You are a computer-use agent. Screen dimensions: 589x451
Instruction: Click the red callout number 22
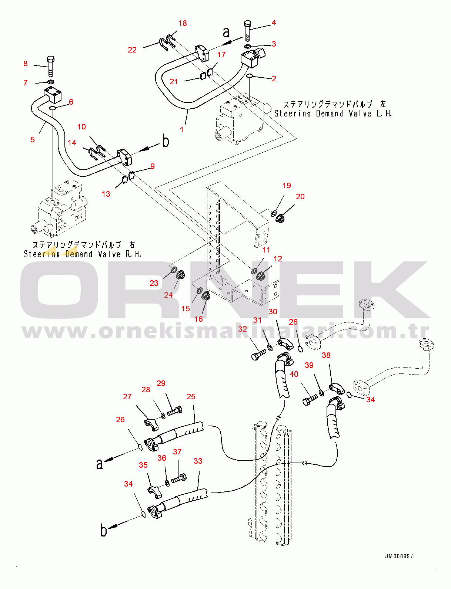132,50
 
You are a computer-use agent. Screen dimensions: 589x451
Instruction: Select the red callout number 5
33,139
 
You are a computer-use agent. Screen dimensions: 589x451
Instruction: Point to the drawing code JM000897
399,556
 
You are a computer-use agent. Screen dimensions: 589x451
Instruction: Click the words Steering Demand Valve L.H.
333,114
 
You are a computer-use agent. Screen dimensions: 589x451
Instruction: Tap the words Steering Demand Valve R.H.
82,254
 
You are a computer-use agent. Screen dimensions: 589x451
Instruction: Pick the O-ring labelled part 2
250,76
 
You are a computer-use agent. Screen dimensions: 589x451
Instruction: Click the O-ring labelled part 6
53,108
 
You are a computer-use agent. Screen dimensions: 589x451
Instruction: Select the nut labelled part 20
280,218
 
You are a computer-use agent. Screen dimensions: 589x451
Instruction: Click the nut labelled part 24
180,275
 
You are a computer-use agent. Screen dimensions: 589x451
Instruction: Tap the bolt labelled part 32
258,355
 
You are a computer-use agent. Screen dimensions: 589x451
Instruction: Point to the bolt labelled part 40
310,400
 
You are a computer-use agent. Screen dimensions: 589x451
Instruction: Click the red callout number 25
191,397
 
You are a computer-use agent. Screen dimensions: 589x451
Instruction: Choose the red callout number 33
198,461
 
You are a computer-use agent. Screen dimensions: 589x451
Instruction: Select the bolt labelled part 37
179,478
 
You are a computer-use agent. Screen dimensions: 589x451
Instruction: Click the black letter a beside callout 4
226,33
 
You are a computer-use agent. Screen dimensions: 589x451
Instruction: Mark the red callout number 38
326,355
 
